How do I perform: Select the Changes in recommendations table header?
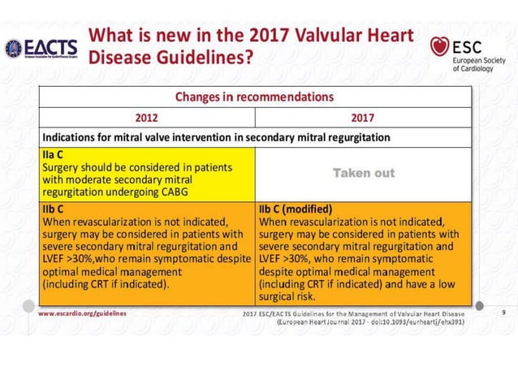[x=254, y=97]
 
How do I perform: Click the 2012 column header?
[x=147, y=117]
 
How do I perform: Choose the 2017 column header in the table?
[x=362, y=117]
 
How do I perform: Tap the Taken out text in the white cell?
[x=363, y=173]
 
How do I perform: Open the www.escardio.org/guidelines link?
[x=82, y=313]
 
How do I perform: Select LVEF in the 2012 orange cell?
[x=56, y=258]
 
